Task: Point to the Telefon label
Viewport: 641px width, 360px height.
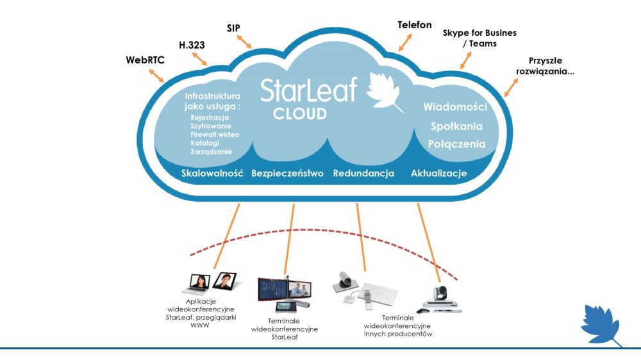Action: point(415,25)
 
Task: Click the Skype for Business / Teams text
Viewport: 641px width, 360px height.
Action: point(479,38)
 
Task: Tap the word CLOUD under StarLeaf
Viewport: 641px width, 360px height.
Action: point(300,115)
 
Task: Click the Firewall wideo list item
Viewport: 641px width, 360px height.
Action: point(215,135)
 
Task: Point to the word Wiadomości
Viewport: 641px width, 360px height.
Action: point(456,107)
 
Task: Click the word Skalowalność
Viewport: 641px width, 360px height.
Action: point(212,174)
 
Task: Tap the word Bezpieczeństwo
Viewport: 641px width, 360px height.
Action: point(287,174)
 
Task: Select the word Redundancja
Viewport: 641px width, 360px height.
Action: point(363,174)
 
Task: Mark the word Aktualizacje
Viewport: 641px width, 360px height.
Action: point(438,174)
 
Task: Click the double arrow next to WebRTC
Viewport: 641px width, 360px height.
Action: point(157,75)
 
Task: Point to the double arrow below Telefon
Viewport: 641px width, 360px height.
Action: point(404,42)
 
